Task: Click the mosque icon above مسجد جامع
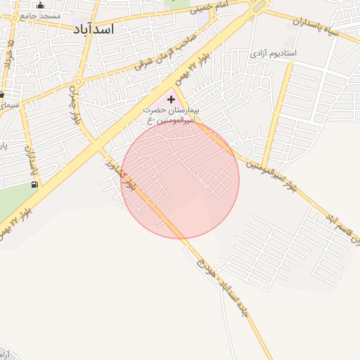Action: [x=40, y=6]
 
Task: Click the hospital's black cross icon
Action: [x=171, y=100]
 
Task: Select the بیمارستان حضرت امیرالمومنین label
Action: [x=172, y=115]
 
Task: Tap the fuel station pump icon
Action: [x=34, y=184]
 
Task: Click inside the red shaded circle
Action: [x=180, y=179]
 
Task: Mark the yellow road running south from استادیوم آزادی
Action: [x=277, y=105]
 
